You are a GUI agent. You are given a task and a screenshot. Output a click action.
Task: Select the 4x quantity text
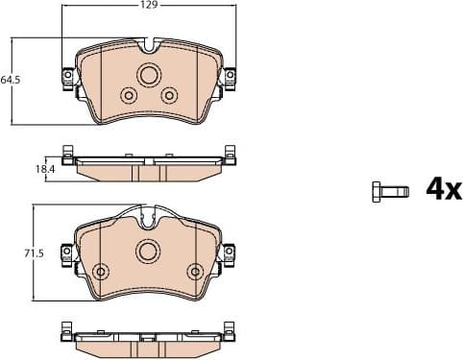click(x=443, y=189)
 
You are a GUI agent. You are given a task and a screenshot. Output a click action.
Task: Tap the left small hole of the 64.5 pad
click(x=128, y=94)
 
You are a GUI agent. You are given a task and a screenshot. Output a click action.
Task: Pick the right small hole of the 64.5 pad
click(x=170, y=94)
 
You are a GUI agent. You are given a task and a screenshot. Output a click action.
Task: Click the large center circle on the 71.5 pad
click(x=148, y=252)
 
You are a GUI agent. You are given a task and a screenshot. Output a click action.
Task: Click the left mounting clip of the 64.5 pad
click(x=68, y=78)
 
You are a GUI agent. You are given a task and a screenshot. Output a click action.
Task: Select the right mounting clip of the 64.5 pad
click(x=230, y=78)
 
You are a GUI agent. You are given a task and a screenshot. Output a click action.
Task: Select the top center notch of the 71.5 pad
click(x=148, y=216)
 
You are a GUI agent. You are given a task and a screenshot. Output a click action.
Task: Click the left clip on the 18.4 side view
click(x=67, y=154)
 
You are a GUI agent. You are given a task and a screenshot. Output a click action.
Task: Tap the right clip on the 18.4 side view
click(x=230, y=154)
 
